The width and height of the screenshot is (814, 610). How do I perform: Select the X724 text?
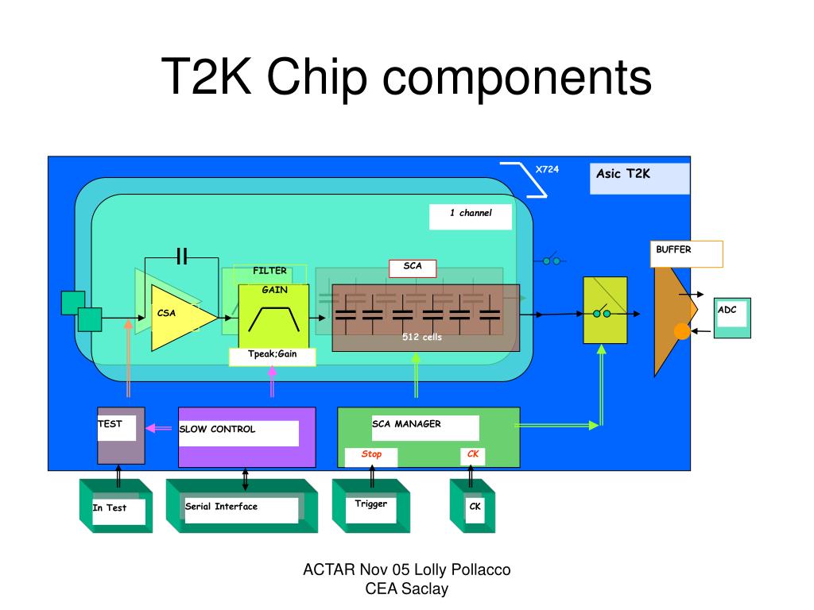pos(547,169)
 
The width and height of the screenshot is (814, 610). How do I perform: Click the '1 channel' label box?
pos(471,217)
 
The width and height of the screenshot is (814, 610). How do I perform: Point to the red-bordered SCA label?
pos(413,268)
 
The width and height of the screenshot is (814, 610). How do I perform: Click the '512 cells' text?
pos(422,337)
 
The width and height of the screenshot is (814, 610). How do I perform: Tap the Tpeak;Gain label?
pos(273,357)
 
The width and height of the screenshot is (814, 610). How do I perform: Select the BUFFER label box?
pos(686,254)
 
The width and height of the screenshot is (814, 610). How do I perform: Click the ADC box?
pos(732,318)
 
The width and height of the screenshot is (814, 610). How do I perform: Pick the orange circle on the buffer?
pos(681,331)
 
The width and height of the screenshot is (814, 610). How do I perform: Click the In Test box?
pos(116,506)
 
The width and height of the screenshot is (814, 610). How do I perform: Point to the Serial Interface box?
pos(242,506)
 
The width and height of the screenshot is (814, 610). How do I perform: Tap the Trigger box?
pos(371,506)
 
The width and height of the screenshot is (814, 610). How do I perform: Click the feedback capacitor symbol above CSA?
pos(182,257)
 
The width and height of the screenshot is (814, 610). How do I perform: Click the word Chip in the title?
pos(316,78)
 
